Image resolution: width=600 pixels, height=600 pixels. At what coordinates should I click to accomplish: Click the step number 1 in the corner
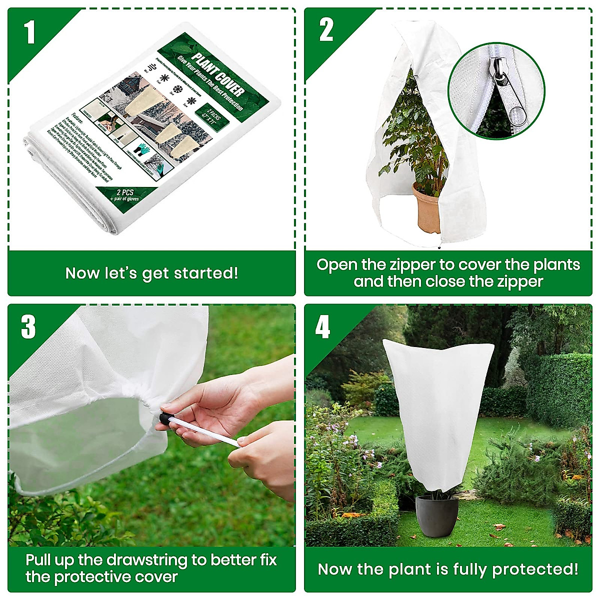(29, 32)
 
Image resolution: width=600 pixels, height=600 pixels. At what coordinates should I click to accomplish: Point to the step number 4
(322, 327)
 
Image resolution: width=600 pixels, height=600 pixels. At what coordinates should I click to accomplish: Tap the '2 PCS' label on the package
(125, 192)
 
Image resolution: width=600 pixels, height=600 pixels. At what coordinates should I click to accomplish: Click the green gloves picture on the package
(144, 152)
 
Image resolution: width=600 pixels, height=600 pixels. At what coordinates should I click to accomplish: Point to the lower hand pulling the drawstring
(265, 455)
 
